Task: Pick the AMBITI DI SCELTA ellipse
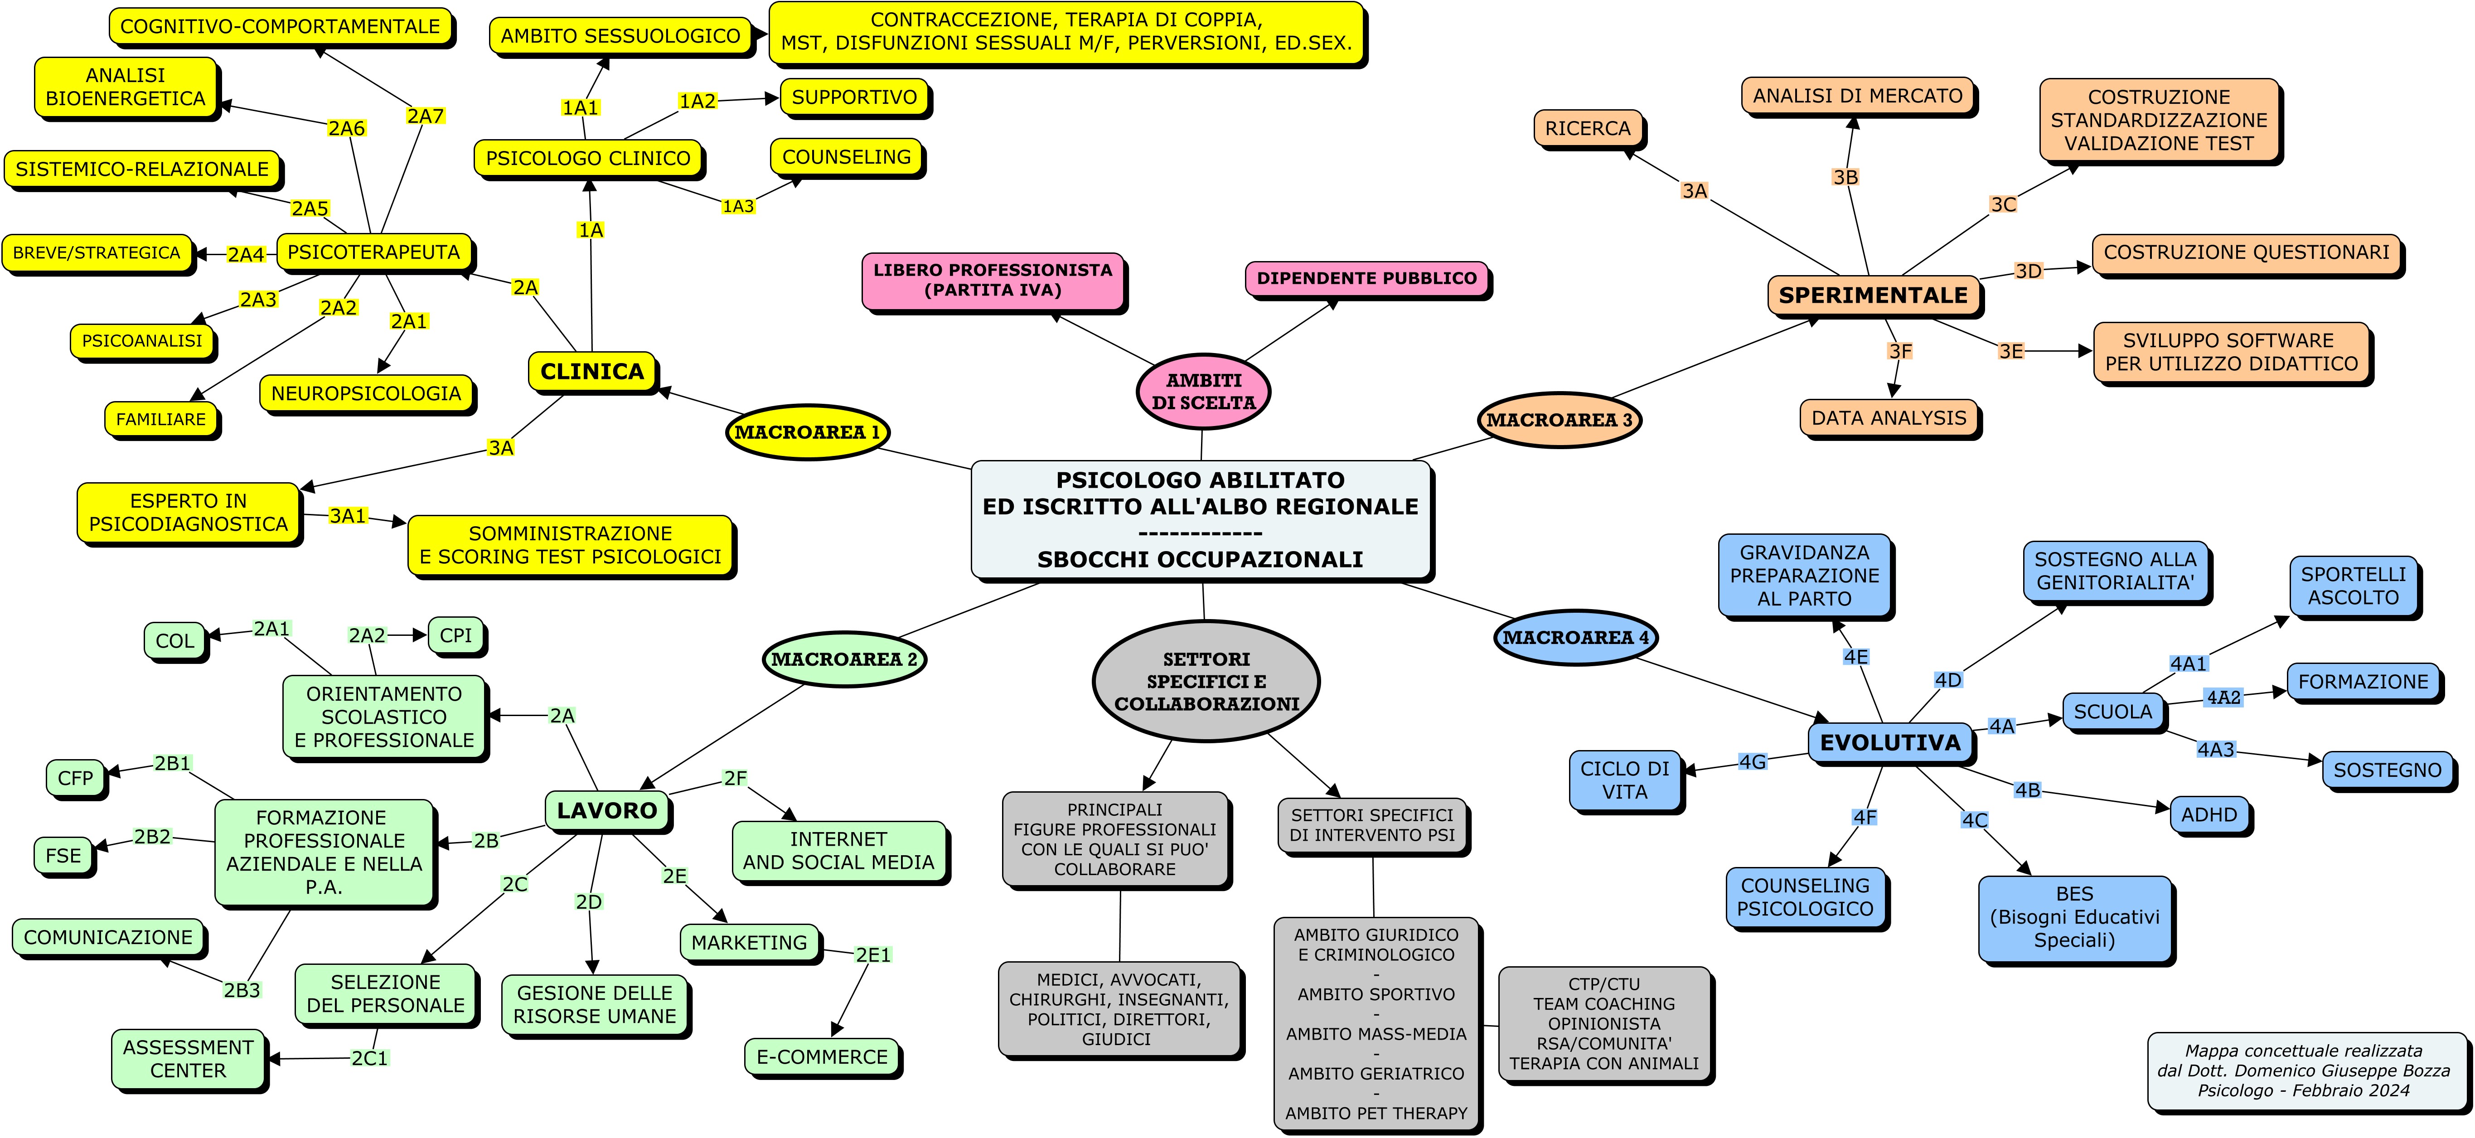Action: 1203,391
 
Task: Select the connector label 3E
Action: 2011,351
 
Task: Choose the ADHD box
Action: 2209,814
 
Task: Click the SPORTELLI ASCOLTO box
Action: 2353,586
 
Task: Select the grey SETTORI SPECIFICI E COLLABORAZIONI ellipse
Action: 1206,681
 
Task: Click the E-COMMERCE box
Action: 822,1056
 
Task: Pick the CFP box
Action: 75,778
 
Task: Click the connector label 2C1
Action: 369,1058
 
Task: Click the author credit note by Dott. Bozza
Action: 2303,1070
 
